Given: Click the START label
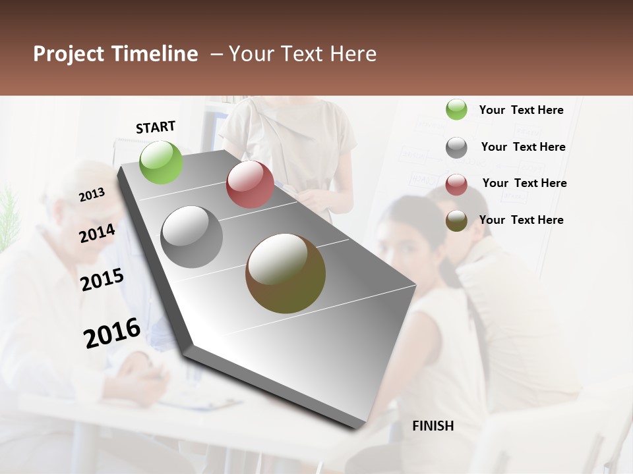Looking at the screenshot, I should coord(156,127).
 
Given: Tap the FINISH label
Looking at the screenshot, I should coord(433,426).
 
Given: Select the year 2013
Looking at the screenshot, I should coord(92,194).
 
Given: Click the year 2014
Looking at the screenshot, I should coord(98,233).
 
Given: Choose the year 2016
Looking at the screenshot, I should coord(112,332).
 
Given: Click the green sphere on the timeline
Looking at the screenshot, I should coord(162,162).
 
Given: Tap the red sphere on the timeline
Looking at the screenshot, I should coord(250,184).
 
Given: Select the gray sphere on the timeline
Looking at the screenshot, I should coord(192,237).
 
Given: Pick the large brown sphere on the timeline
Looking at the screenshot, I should coord(286,273).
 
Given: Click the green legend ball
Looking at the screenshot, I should coord(456,110).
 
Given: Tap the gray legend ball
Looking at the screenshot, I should coord(456,147).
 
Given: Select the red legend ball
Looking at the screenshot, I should coord(456,184).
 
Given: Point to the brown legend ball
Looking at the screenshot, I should coord(456,221).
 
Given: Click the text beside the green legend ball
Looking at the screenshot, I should coord(521,110).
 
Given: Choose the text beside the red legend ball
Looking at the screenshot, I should coord(524,183).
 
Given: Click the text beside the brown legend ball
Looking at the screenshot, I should coord(521,220).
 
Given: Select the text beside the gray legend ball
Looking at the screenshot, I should coord(523,147).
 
